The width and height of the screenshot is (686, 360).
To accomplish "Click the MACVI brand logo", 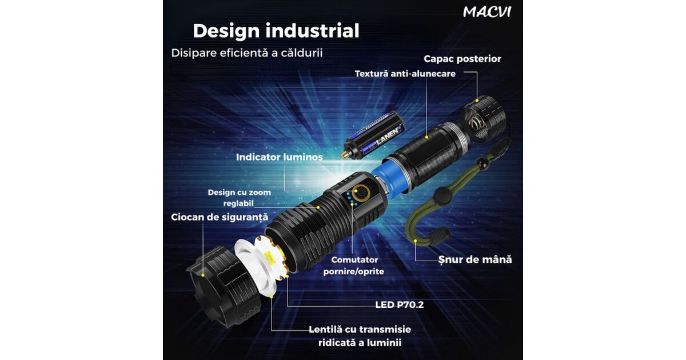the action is point(487,12).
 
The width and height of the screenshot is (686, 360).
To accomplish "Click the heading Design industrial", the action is point(276,31).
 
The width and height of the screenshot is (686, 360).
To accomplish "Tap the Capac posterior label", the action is point(462,59).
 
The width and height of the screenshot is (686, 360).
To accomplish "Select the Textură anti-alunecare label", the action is point(405,74).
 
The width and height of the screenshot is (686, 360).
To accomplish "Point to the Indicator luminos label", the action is point(280,157).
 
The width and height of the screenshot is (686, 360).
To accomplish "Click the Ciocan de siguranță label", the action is point(220,217).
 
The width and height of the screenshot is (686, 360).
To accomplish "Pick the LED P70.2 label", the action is point(400,305).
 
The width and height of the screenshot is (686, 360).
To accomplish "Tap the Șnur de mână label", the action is point(475,259).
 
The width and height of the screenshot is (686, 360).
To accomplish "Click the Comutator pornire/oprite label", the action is point(354,265).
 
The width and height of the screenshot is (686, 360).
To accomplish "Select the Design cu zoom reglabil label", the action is point(239,198).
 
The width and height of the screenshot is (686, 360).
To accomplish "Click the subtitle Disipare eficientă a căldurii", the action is point(247,53).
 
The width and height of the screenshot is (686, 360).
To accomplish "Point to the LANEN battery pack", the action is point(374,136).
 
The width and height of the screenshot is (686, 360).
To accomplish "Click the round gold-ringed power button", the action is point(361,193).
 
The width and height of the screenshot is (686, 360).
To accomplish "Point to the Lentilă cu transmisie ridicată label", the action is point(360,336).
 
